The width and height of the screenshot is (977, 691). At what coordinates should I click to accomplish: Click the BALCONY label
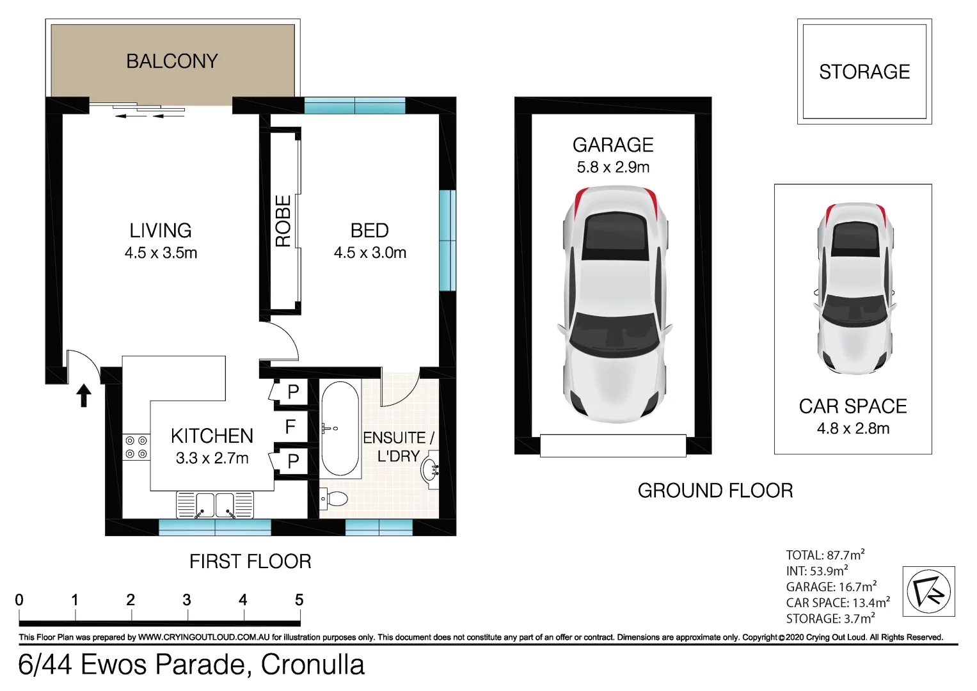click(172, 61)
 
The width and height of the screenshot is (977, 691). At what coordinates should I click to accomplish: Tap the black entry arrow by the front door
click(84, 395)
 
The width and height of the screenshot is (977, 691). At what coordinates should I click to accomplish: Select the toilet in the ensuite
click(334, 498)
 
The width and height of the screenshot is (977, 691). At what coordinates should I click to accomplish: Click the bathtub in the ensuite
click(340, 429)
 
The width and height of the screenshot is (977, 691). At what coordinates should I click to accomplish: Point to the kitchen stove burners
click(136, 447)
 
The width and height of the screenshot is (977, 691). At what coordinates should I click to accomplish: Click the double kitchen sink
click(215, 505)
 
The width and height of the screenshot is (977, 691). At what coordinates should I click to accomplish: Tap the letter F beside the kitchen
click(290, 427)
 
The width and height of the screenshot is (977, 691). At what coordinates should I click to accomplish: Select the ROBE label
click(283, 221)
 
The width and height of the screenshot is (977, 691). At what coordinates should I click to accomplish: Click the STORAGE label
click(864, 72)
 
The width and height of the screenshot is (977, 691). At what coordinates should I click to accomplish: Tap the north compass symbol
click(928, 591)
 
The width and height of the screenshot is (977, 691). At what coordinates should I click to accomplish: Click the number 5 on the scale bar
click(299, 600)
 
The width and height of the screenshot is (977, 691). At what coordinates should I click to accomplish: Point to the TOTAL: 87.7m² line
click(825, 555)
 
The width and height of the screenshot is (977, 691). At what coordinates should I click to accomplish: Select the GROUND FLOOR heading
click(715, 491)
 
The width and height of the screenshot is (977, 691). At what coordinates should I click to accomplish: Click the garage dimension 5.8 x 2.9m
click(613, 168)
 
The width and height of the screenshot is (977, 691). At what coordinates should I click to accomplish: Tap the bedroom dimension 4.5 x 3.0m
click(370, 253)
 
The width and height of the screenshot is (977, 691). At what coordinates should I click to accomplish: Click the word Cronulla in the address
click(313, 665)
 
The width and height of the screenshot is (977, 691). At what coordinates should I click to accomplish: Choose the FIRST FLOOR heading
click(250, 562)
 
